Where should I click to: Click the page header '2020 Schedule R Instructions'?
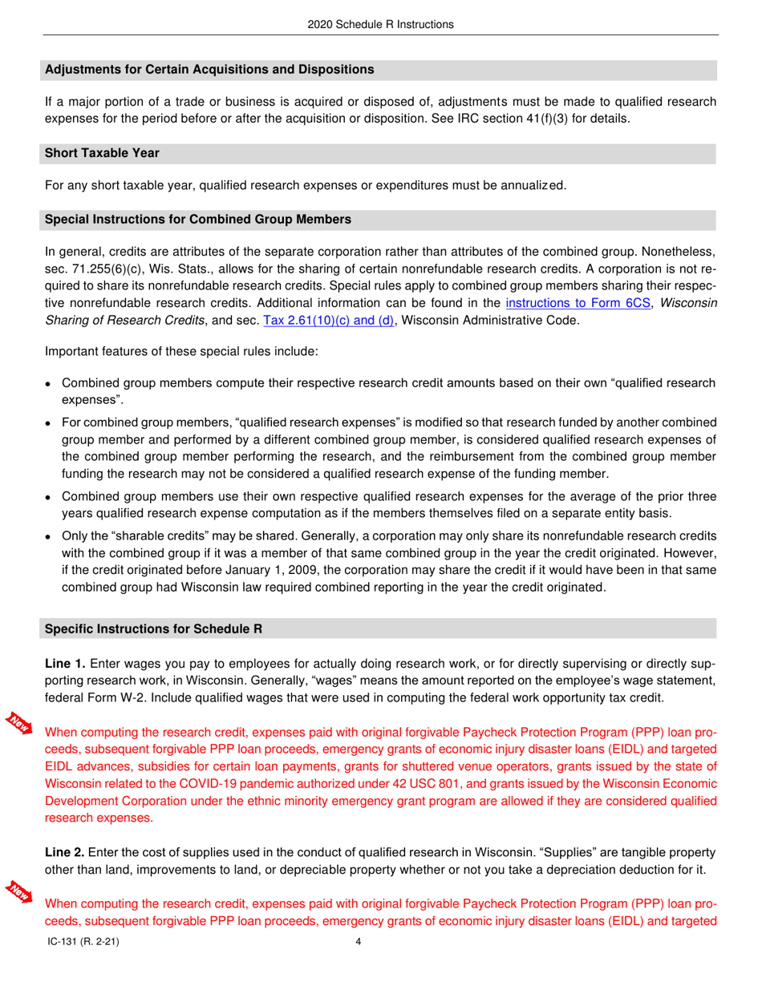(x=380, y=24)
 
